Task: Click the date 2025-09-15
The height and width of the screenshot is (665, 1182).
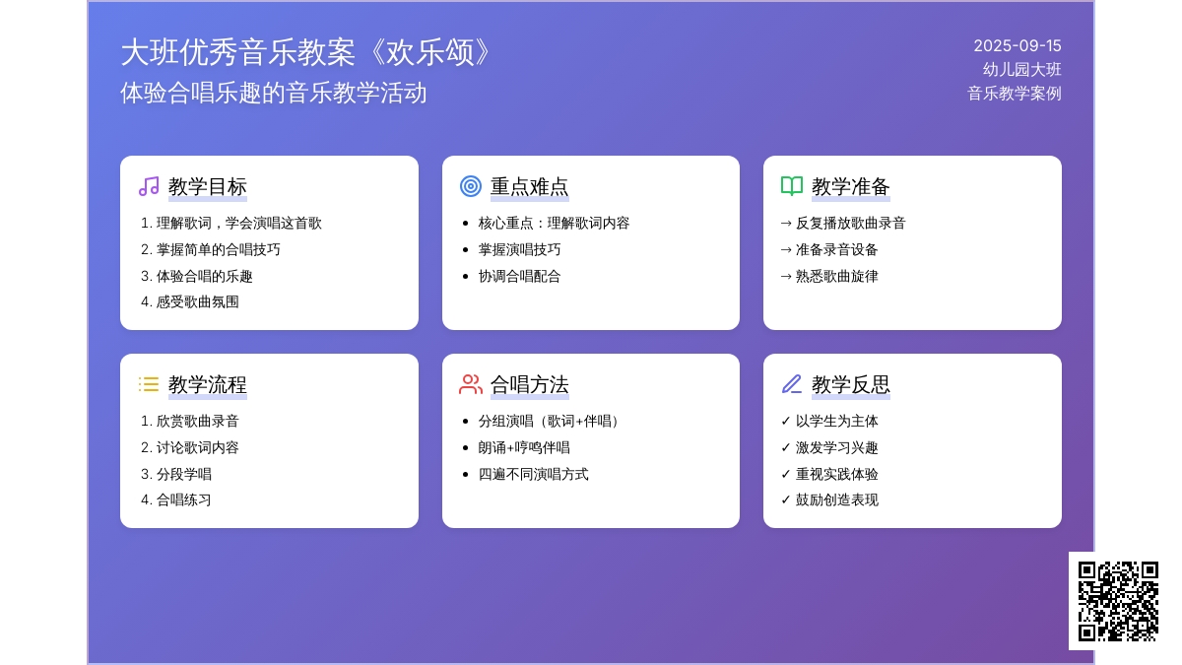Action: click(1017, 46)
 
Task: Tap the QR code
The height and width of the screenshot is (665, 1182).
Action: click(1118, 601)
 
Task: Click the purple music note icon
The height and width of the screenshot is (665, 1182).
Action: click(149, 186)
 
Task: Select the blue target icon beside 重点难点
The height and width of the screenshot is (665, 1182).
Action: click(470, 186)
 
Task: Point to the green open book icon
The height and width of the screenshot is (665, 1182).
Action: click(792, 186)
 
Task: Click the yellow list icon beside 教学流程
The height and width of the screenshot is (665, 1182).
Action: click(149, 384)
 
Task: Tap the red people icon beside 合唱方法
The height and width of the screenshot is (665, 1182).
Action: click(470, 384)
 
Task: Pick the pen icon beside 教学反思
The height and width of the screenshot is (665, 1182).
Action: click(792, 384)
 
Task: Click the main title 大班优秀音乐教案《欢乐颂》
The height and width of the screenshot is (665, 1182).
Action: click(305, 53)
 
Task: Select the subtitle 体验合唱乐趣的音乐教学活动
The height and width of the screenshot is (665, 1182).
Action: click(274, 93)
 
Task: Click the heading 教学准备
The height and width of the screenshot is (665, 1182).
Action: click(851, 187)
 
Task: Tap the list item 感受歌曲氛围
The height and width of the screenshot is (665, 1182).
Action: click(197, 301)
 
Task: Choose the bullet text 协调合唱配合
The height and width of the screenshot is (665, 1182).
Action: click(519, 276)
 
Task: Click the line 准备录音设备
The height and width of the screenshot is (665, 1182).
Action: click(837, 249)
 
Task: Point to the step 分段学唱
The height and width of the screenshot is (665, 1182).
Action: click(183, 474)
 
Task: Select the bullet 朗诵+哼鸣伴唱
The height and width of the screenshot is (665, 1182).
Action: click(524, 447)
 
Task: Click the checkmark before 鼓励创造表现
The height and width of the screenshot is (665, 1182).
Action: click(786, 499)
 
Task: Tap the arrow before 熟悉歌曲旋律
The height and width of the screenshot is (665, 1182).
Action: click(786, 276)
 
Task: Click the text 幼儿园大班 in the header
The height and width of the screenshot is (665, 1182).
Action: click(1021, 70)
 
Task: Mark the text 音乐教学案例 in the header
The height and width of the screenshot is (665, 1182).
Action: click(1015, 94)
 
